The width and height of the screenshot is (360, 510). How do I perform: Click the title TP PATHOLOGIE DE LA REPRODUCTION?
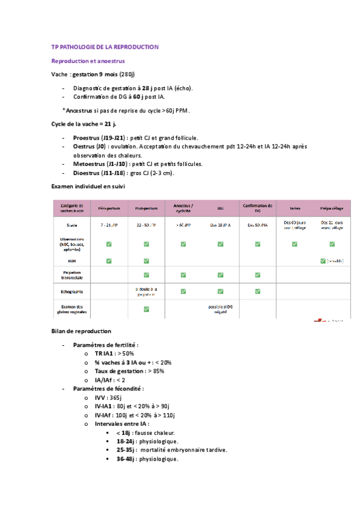105,46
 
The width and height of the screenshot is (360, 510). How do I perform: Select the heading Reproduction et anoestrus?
88,61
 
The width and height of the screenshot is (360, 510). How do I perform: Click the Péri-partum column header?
109,209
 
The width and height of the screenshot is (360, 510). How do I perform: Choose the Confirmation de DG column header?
258,208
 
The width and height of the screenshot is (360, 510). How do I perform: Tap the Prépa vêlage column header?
332,209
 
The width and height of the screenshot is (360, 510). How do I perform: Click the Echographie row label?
72,292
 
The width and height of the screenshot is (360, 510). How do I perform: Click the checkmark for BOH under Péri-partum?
109,260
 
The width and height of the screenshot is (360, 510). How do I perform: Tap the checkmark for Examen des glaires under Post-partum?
146,309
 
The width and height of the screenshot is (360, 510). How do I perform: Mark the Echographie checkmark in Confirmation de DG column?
258,292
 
